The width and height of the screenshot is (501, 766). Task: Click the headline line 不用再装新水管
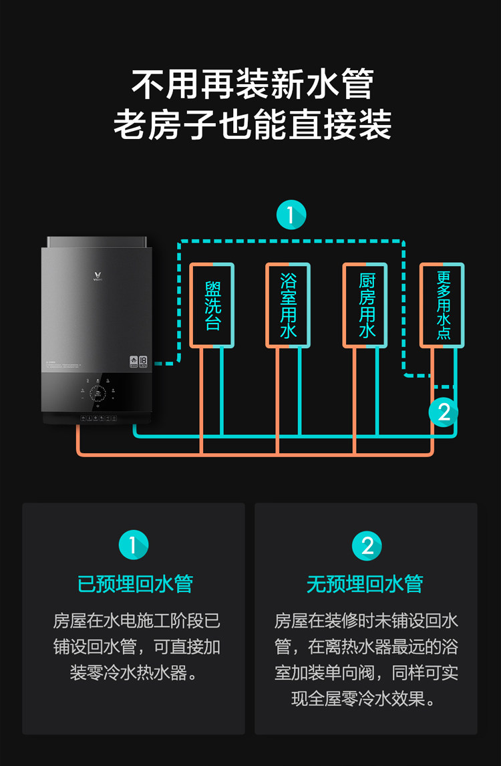pyautogui.click(x=252, y=84)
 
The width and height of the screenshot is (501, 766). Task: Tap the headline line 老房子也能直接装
pyautogui.click(x=252, y=125)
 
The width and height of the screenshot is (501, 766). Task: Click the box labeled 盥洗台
pyautogui.click(x=212, y=305)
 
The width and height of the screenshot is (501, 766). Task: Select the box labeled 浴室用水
pyautogui.click(x=289, y=305)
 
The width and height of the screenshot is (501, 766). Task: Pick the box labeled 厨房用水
pyautogui.click(x=365, y=305)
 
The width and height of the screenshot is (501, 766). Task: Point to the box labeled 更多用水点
pyautogui.click(x=442, y=305)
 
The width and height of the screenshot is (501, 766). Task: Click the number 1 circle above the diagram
pyautogui.click(x=291, y=215)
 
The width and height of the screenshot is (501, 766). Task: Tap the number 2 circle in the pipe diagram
pyautogui.click(x=444, y=412)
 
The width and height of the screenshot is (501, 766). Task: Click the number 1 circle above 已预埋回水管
pyautogui.click(x=133, y=545)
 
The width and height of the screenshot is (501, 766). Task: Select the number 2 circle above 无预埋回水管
pyautogui.click(x=367, y=545)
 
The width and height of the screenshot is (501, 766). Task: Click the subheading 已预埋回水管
pyautogui.click(x=134, y=584)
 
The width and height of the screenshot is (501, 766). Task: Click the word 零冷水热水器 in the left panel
pyautogui.click(x=138, y=672)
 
